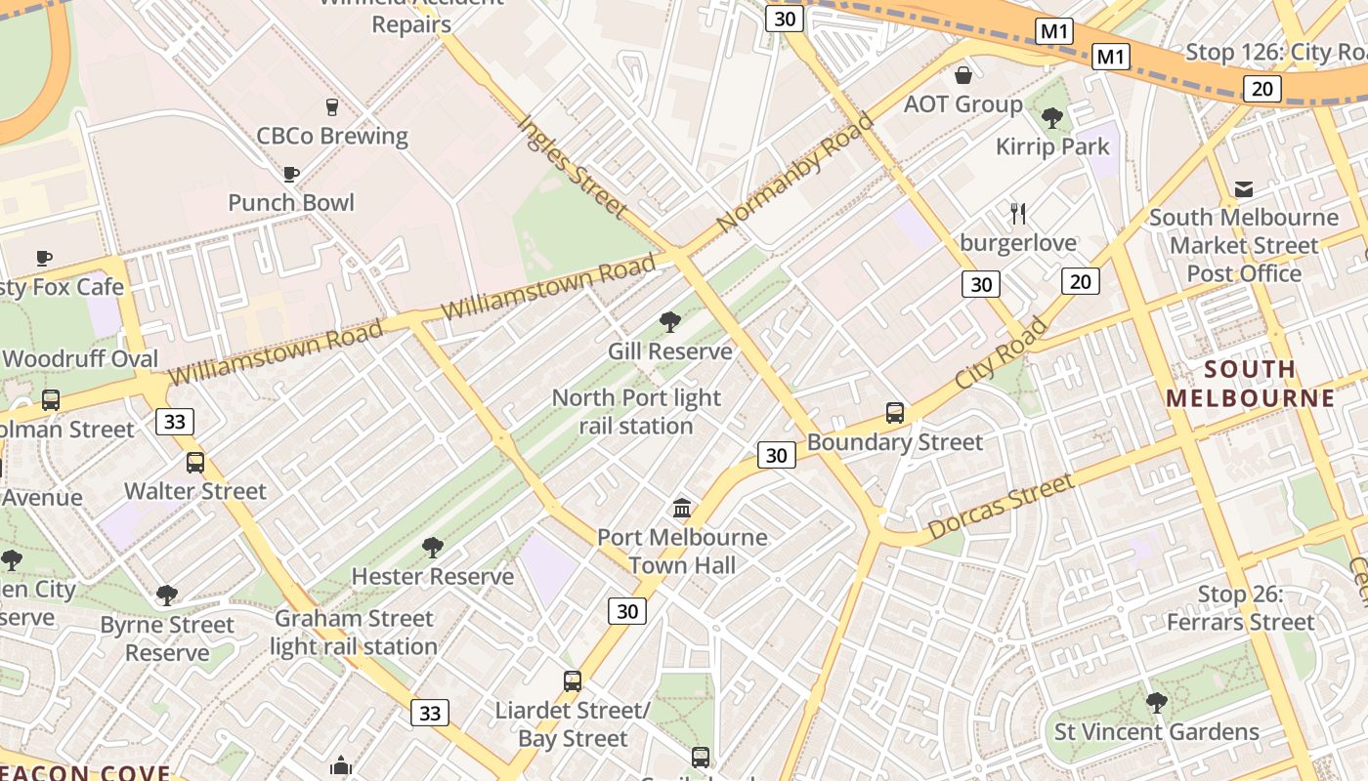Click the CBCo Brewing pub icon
pyautogui.click(x=331, y=106)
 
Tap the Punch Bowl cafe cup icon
pyautogui.click(x=290, y=174)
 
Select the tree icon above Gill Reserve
pyautogui.click(x=670, y=321)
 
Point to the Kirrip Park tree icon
pyautogui.click(x=1052, y=118)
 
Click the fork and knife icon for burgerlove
pyautogui.click(x=1018, y=213)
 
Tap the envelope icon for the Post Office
pyautogui.click(x=1244, y=188)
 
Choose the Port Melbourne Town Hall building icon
pyautogui.click(x=682, y=508)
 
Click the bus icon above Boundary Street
pyautogui.click(x=894, y=412)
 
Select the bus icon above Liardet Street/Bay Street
pyautogui.click(x=573, y=680)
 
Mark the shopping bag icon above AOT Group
pyautogui.click(x=963, y=75)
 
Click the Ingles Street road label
pyautogui.click(x=571, y=165)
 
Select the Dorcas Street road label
pyautogui.click(x=1001, y=506)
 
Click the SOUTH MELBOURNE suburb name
pyautogui.click(x=1250, y=384)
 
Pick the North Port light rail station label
pyautogui.click(x=636, y=412)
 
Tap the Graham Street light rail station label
pyautogui.click(x=354, y=633)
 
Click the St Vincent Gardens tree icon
pyautogui.click(x=1157, y=702)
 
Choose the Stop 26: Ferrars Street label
pyautogui.click(x=1241, y=608)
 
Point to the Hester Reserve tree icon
pyautogui.click(x=432, y=547)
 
